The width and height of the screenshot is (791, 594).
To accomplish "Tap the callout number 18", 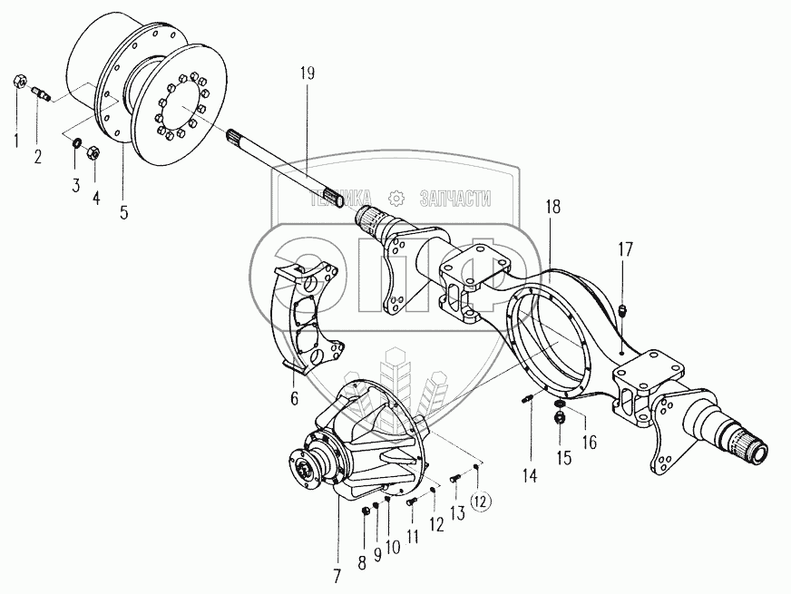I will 553,207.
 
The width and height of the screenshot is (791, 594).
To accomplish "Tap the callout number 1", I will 15,140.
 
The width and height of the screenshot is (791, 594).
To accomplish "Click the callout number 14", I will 529,473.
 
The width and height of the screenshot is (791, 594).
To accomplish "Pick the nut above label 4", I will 93,151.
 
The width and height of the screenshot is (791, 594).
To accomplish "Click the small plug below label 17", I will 621,314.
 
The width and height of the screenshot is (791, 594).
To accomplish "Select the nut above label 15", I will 560,417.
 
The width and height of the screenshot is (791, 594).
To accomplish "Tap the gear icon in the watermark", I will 395,199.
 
